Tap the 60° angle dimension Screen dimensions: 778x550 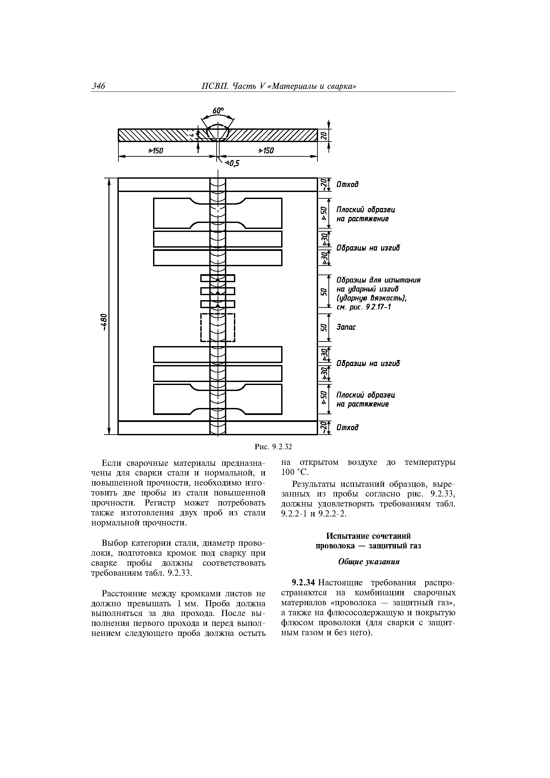(x=218, y=111)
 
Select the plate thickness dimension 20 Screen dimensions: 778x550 (x=324, y=135)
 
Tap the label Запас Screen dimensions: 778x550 (x=346, y=327)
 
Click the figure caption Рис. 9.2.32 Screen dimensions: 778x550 (x=273, y=447)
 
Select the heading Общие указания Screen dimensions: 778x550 (x=369, y=562)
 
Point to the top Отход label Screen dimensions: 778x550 (x=347, y=185)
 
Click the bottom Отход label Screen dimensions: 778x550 (x=347, y=428)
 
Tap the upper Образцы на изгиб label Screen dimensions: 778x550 (x=368, y=248)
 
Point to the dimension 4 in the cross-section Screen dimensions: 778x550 (x=192, y=135)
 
